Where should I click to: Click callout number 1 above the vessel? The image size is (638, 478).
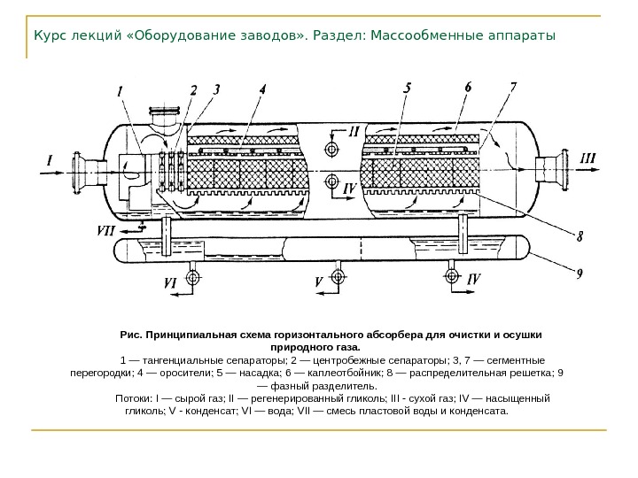coord(121,90)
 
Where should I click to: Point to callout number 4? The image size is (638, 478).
coord(262,89)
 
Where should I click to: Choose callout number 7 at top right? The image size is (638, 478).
coord(513,88)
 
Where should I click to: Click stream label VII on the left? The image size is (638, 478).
coord(106,229)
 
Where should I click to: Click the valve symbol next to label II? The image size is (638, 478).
coord(334,147)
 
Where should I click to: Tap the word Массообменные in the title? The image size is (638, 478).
coord(426,37)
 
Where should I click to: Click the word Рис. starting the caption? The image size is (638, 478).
coord(131,335)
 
